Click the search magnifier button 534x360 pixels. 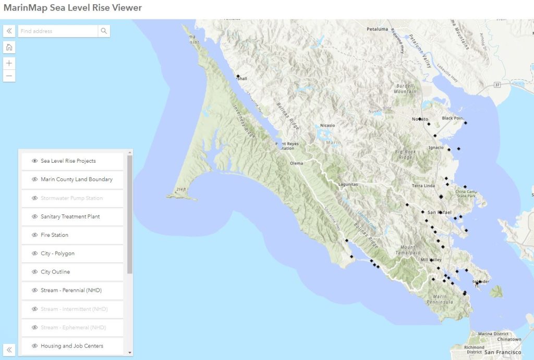104,31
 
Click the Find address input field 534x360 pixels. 57,31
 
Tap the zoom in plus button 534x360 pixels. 9,63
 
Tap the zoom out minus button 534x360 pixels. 9,76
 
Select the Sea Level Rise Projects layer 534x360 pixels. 68,161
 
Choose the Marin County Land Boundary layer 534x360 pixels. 77,179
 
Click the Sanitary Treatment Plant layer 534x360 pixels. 70,217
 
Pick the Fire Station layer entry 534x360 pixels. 54,235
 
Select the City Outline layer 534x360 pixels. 55,272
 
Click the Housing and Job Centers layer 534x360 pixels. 72,346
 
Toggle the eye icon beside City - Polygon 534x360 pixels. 35,254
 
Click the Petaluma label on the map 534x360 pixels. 377,29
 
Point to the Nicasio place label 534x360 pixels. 327,125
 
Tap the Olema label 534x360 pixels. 296,163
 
